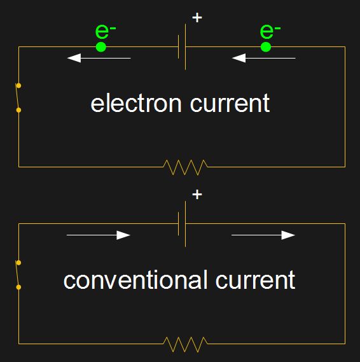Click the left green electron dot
coord(100,46)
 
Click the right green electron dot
coord(266,46)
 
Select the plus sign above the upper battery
coord(197,18)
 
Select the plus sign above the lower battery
coord(197,194)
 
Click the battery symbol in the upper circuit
coord(182,46)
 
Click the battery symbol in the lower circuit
coord(182,223)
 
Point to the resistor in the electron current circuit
coord(185,167)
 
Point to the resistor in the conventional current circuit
coord(185,344)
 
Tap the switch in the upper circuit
coord(17,97)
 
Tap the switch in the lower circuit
coord(17,274)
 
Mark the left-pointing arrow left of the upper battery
coord(99,59)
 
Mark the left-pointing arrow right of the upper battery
coord(263,59)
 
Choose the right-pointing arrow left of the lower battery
coord(99,235)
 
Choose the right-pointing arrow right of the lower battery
coord(263,235)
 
